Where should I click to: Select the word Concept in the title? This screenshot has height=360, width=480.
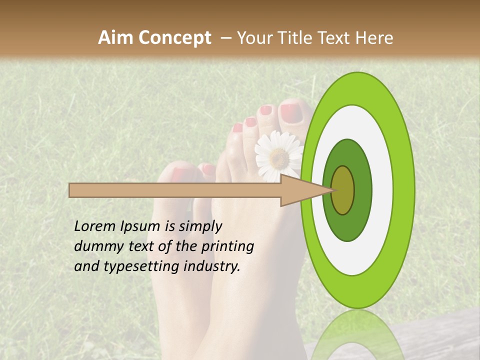tap(175, 37)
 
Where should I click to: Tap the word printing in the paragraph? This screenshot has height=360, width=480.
tap(227, 246)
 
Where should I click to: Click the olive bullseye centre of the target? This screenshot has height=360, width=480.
tap(343, 190)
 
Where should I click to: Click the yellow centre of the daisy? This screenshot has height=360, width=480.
tap(279, 158)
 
